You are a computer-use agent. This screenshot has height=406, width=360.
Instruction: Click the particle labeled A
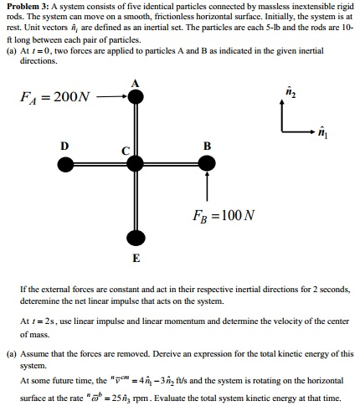[x=136, y=97]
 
